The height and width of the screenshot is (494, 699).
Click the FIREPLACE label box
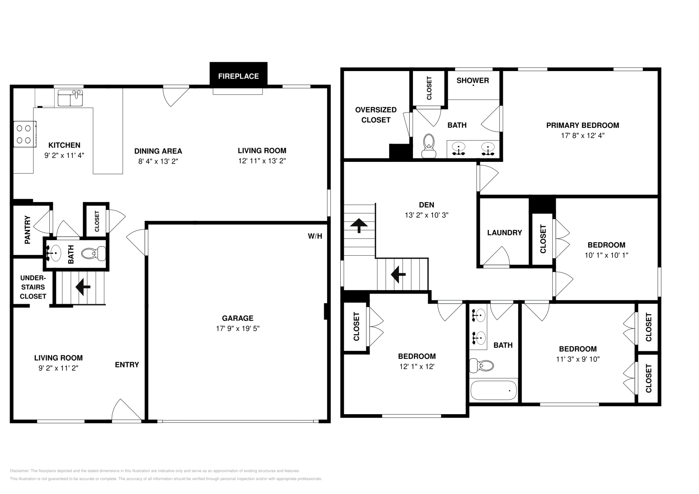(x=238, y=76)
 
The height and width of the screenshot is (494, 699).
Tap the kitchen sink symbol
(x=70, y=98)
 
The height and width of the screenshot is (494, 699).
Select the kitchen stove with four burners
(x=24, y=134)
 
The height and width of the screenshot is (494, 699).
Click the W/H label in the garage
(x=315, y=236)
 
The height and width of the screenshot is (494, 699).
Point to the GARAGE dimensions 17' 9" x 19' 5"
(x=238, y=328)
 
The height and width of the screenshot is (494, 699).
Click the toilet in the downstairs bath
(x=93, y=253)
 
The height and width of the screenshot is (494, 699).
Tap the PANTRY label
(x=28, y=230)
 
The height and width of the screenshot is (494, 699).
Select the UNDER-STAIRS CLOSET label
(x=33, y=287)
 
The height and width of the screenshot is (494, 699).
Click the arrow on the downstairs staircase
(x=83, y=287)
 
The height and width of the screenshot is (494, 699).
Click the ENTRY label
(x=127, y=364)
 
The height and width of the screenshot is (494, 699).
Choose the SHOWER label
(x=472, y=80)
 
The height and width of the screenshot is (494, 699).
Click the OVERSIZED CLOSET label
(x=376, y=115)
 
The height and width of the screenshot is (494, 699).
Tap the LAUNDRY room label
(x=504, y=233)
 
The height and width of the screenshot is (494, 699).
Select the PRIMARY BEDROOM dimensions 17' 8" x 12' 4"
(x=582, y=135)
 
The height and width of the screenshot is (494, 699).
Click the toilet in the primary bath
(x=429, y=146)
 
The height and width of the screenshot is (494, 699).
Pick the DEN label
(x=426, y=205)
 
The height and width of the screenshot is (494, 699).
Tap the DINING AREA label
(x=158, y=151)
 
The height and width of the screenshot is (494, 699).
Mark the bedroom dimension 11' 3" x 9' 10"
(x=578, y=359)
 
